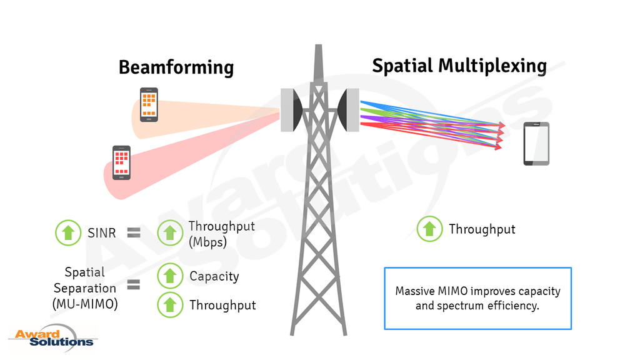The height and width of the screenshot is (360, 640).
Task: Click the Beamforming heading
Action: coord(176,67)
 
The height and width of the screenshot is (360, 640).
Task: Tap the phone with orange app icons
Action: coord(149,104)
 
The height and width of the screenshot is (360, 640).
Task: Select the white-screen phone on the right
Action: coord(536,143)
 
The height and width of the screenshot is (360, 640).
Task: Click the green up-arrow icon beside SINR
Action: coord(69,232)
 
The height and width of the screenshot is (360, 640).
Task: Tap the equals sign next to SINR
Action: coord(133,233)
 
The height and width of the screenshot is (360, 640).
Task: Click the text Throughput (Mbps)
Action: coord(221,234)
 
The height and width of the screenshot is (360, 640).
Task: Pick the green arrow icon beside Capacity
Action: coord(170,276)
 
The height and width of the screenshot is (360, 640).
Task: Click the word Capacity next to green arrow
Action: coord(214,276)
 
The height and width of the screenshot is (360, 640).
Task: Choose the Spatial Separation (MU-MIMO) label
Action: coord(84,288)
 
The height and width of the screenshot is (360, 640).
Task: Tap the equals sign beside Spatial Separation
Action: coord(133,286)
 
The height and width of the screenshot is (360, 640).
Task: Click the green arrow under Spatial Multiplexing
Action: coord(429,229)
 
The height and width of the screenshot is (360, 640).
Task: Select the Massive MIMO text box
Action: coord(477,298)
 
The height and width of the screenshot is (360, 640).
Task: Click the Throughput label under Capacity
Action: coord(222,305)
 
